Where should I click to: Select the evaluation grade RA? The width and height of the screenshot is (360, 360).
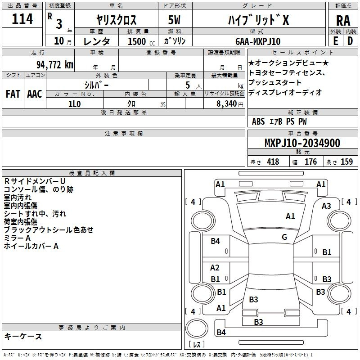(x=343, y=20)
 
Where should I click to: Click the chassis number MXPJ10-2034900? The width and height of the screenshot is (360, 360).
(x=302, y=143)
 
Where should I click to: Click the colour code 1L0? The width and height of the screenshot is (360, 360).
(x=74, y=103)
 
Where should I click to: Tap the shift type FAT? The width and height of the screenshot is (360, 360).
(x=13, y=94)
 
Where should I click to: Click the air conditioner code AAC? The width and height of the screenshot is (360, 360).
(x=35, y=94)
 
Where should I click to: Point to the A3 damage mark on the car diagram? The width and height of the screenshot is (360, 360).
(x=326, y=206)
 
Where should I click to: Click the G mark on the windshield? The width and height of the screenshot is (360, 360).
(x=284, y=237)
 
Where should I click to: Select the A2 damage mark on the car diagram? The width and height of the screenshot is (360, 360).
(x=215, y=268)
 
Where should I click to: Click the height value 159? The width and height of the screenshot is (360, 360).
(x=346, y=162)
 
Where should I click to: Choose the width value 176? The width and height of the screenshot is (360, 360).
(x=310, y=162)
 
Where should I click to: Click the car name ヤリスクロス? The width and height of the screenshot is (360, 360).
(x=117, y=20)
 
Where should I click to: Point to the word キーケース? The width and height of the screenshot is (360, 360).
(x=23, y=336)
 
